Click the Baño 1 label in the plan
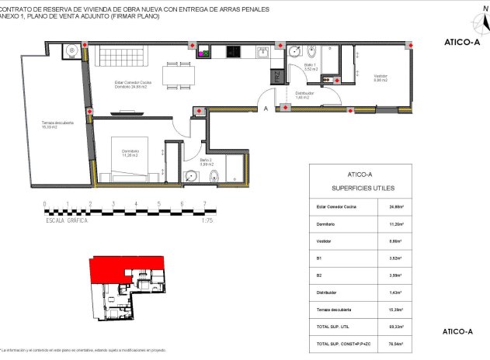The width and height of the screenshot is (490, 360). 310,68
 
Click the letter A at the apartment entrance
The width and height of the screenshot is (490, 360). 266,109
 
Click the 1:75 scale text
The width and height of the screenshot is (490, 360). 207,220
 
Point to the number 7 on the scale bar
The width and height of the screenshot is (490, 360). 204,205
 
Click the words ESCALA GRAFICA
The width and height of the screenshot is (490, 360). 67,220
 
